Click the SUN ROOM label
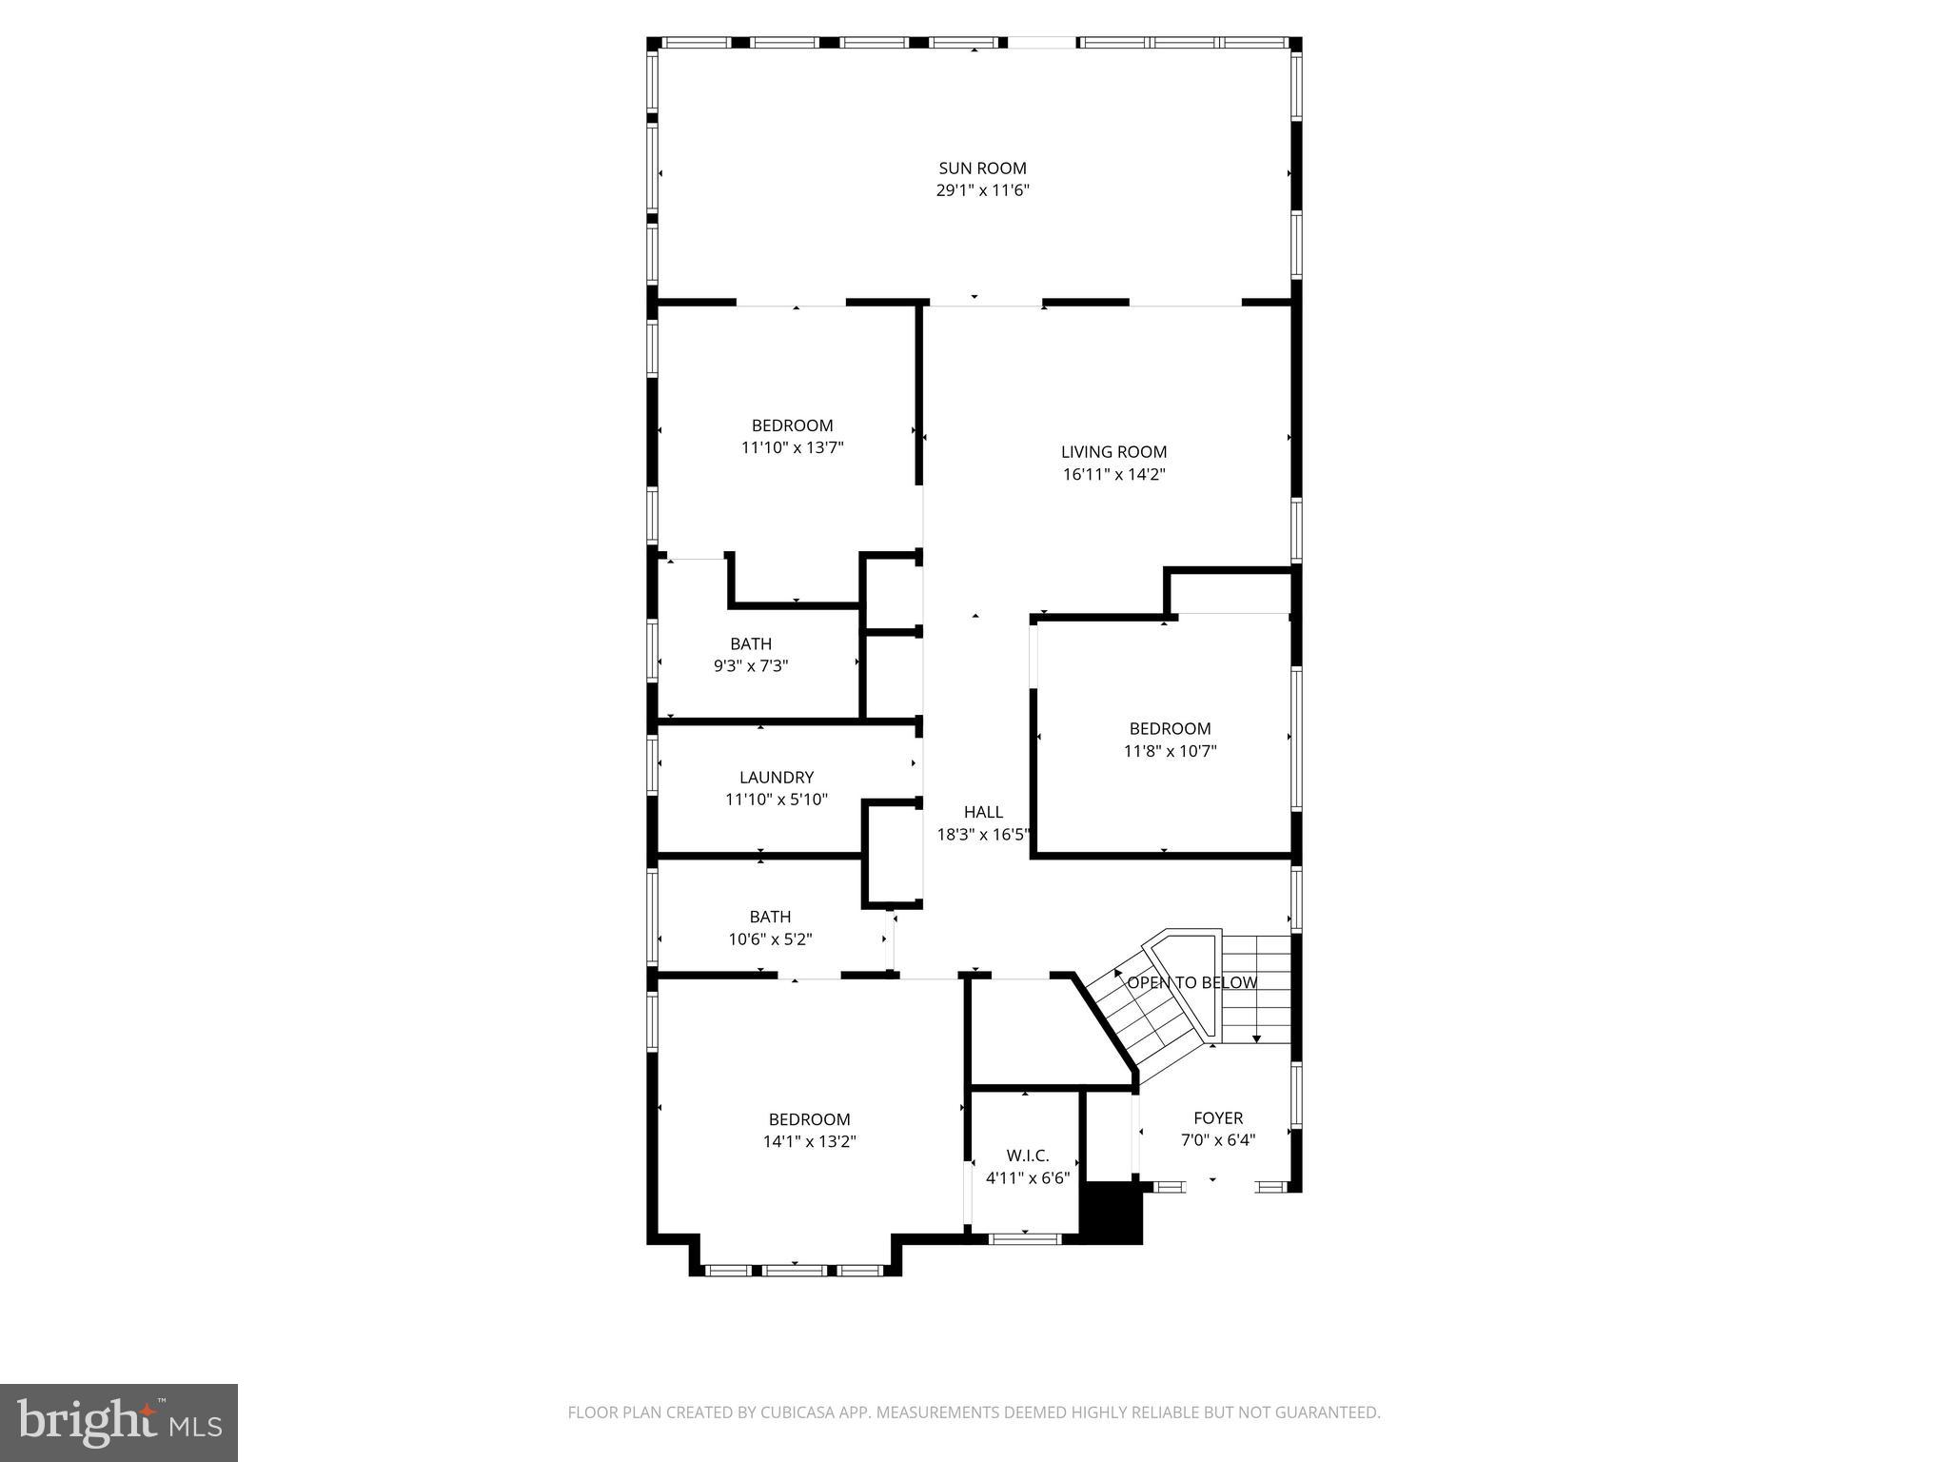tap(982, 168)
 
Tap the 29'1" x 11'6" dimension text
tap(982, 190)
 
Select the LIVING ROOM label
tap(1113, 452)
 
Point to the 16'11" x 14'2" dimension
tap(1113, 474)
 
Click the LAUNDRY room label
tap(777, 778)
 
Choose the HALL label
tap(983, 812)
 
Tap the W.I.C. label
tap(1028, 1156)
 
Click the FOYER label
tap(1218, 1118)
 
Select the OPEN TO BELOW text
tap(1191, 982)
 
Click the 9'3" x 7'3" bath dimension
tap(751, 666)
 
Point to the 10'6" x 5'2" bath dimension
tap(770, 939)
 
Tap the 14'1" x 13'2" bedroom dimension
tap(809, 1141)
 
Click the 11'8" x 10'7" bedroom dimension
tap(1170, 751)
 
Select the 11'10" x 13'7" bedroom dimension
tap(792, 447)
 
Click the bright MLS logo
tap(118, 1422)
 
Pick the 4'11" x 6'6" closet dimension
tap(1028, 1178)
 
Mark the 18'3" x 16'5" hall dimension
tap(983, 835)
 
